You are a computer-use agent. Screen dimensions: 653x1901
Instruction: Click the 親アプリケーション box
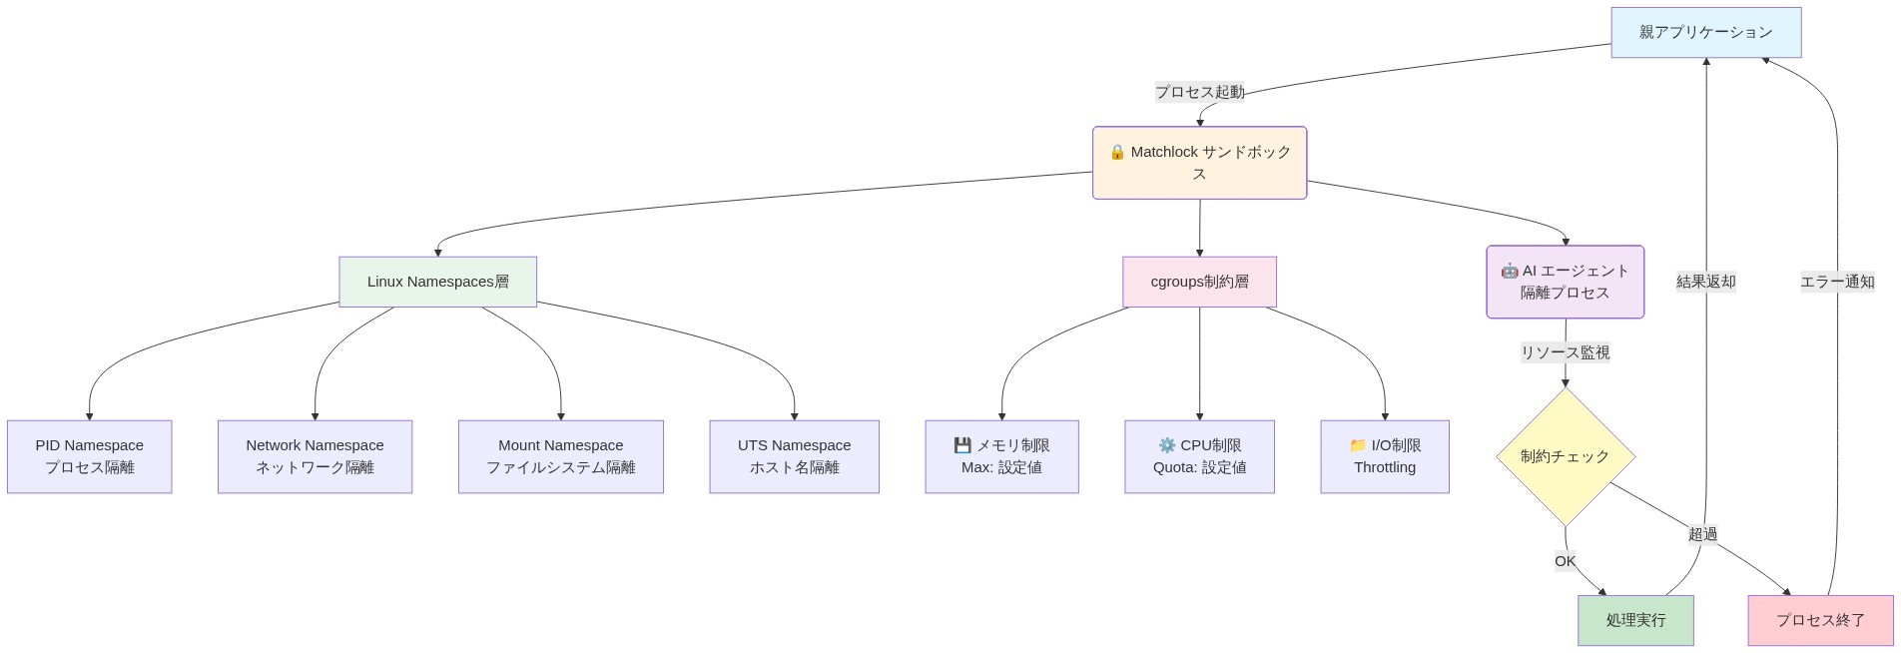pos(1705,33)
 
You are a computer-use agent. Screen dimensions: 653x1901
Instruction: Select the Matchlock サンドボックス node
pos(1199,163)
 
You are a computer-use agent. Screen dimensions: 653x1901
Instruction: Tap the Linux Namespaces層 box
pos(437,282)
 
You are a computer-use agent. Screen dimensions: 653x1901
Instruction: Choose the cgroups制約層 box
pos(1199,282)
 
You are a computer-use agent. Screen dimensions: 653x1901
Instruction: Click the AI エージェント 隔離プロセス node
pos(1565,282)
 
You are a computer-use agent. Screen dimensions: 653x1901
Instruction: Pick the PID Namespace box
pos(89,456)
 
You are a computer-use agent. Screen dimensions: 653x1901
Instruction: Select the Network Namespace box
pos(315,456)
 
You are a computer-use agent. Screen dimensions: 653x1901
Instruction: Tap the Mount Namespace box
pos(560,456)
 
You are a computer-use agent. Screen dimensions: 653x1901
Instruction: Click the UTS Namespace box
pos(794,456)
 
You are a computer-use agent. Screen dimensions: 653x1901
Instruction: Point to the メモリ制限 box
pos(1001,456)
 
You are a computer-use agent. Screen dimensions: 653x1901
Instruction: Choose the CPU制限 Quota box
pos(1199,456)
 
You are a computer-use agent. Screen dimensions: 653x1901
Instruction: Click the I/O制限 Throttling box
pos(1384,456)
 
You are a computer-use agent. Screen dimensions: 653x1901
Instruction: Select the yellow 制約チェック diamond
pos(1565,456)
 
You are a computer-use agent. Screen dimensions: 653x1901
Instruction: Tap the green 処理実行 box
pos(1635,620)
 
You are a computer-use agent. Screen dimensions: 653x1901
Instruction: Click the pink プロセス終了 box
pos(1820,620)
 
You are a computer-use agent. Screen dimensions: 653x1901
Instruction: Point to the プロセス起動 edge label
pos(1199,92)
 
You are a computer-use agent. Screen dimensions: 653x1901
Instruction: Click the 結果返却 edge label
pos(1705,282)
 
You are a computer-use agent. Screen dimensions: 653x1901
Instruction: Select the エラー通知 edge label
pos(1837,282)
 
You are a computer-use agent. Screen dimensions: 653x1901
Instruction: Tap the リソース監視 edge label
pos(1565,352)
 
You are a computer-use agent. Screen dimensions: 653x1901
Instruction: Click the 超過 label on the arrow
pos(1702,534)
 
